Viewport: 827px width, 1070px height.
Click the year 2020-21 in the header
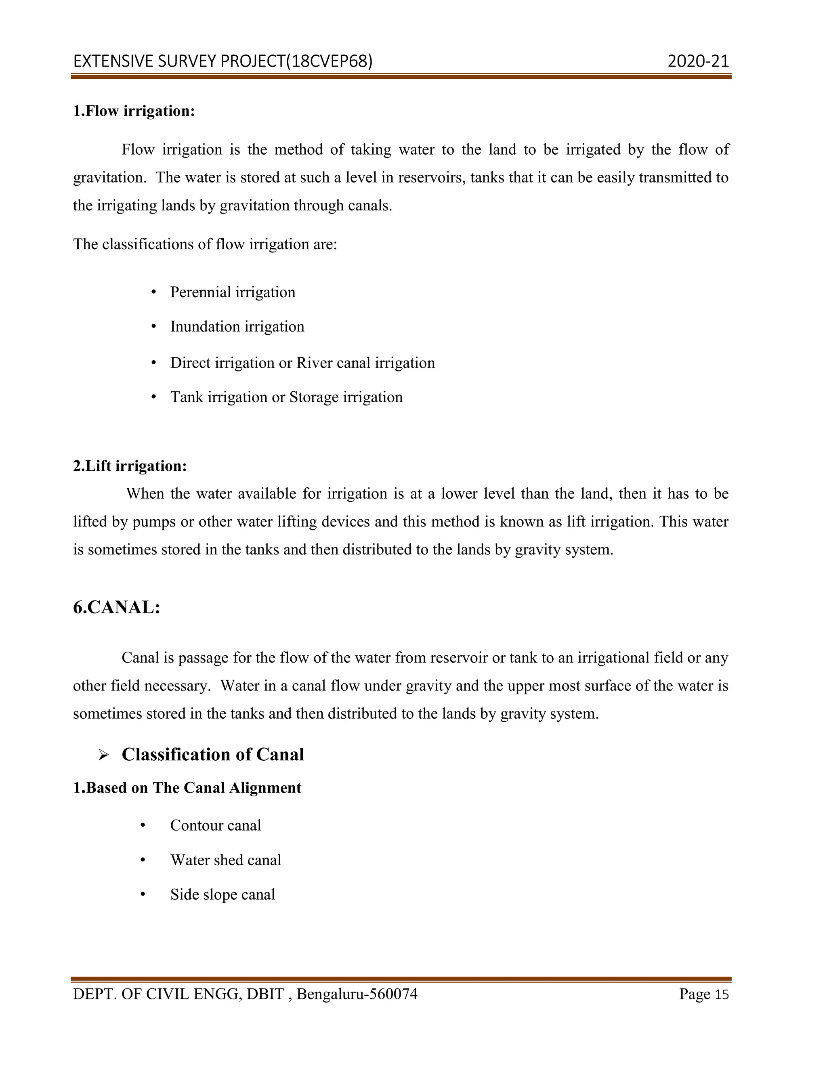click(698, 61)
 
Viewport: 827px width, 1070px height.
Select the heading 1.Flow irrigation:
click(134, 111)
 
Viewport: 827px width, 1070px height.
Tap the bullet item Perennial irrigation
click(232, 292)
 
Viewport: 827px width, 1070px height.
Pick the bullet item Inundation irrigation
click(237, 327)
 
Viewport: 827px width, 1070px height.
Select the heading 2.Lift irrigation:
click(130, 466)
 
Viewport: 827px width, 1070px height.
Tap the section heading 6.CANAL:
click(117, 608)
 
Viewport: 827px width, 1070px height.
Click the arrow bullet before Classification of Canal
click(103, 755)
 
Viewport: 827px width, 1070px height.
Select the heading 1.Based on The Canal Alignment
click(187, 788)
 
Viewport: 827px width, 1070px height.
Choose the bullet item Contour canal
click(215, 826)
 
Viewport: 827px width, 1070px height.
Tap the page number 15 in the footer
click(722, 994)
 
